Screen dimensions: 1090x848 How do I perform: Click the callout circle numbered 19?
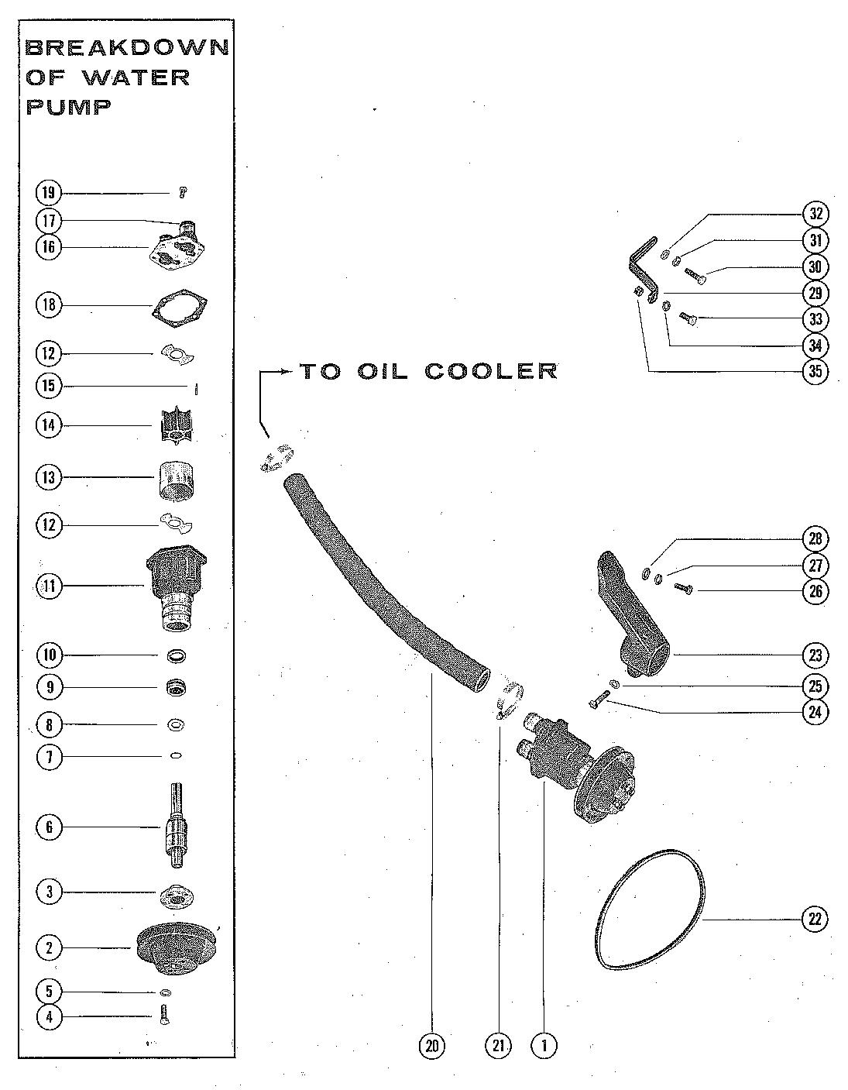[48, 192]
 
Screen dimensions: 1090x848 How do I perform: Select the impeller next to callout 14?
[174, 425]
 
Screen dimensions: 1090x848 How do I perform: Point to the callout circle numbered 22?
[814, 920]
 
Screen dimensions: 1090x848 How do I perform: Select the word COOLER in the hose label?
[491, 371]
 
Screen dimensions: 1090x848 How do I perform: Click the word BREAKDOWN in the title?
[128, 48]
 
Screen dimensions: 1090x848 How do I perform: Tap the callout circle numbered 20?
[432, 1046]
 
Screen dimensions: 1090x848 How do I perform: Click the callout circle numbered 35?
[815, 371]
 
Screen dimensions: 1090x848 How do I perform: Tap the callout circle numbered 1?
[544, 1046]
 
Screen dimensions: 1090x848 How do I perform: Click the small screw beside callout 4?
[164, 1016]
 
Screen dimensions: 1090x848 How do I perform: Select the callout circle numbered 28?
[815, 538]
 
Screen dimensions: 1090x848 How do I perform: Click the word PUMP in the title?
[69, 106]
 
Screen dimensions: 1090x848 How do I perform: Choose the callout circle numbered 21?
[498, 1046]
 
